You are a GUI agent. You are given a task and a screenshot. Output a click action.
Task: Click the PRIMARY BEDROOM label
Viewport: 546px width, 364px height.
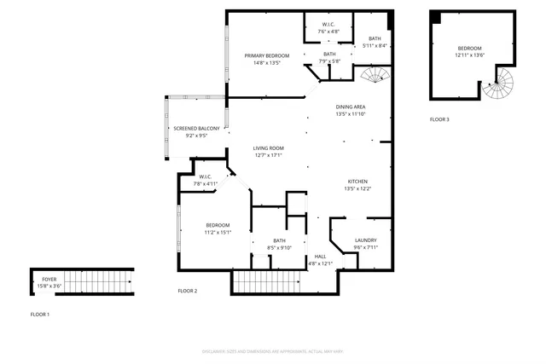(266, 56)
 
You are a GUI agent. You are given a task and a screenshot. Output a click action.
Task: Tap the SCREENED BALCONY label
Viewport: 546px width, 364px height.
(197, 128)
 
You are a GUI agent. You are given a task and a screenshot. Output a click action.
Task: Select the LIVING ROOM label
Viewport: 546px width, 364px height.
(267, 148)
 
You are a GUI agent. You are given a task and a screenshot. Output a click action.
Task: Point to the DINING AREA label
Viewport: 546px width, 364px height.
(351, 107)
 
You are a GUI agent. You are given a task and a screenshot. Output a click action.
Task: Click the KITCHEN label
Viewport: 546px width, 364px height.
(357, 182)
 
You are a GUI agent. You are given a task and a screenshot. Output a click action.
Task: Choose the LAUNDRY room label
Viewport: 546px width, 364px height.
(365, 240)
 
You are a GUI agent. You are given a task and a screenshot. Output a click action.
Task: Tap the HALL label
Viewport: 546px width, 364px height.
(320, 256)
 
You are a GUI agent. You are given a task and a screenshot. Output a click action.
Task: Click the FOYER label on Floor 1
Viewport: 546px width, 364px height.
(49, 279)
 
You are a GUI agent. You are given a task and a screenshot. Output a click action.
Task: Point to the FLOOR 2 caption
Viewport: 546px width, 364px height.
(188, 291)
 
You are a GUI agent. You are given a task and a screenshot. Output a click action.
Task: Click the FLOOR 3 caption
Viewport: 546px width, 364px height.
(439, 119)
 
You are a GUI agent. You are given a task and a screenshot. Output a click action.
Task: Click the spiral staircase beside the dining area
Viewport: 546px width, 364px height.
(372, 79)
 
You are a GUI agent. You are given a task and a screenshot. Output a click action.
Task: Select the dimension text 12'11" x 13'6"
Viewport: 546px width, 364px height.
(470, 55)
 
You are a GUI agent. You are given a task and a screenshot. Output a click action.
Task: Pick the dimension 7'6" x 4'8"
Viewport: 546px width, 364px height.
(328, 32)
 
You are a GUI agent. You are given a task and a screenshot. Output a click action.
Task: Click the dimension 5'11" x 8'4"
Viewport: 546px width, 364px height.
(375, 46)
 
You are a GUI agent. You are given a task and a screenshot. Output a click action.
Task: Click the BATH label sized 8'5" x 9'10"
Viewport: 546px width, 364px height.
(279, 240)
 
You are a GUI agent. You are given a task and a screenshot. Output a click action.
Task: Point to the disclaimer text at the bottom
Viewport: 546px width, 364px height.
(272, 350)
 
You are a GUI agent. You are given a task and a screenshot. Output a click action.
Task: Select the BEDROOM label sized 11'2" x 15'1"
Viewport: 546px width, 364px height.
(218, 225)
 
